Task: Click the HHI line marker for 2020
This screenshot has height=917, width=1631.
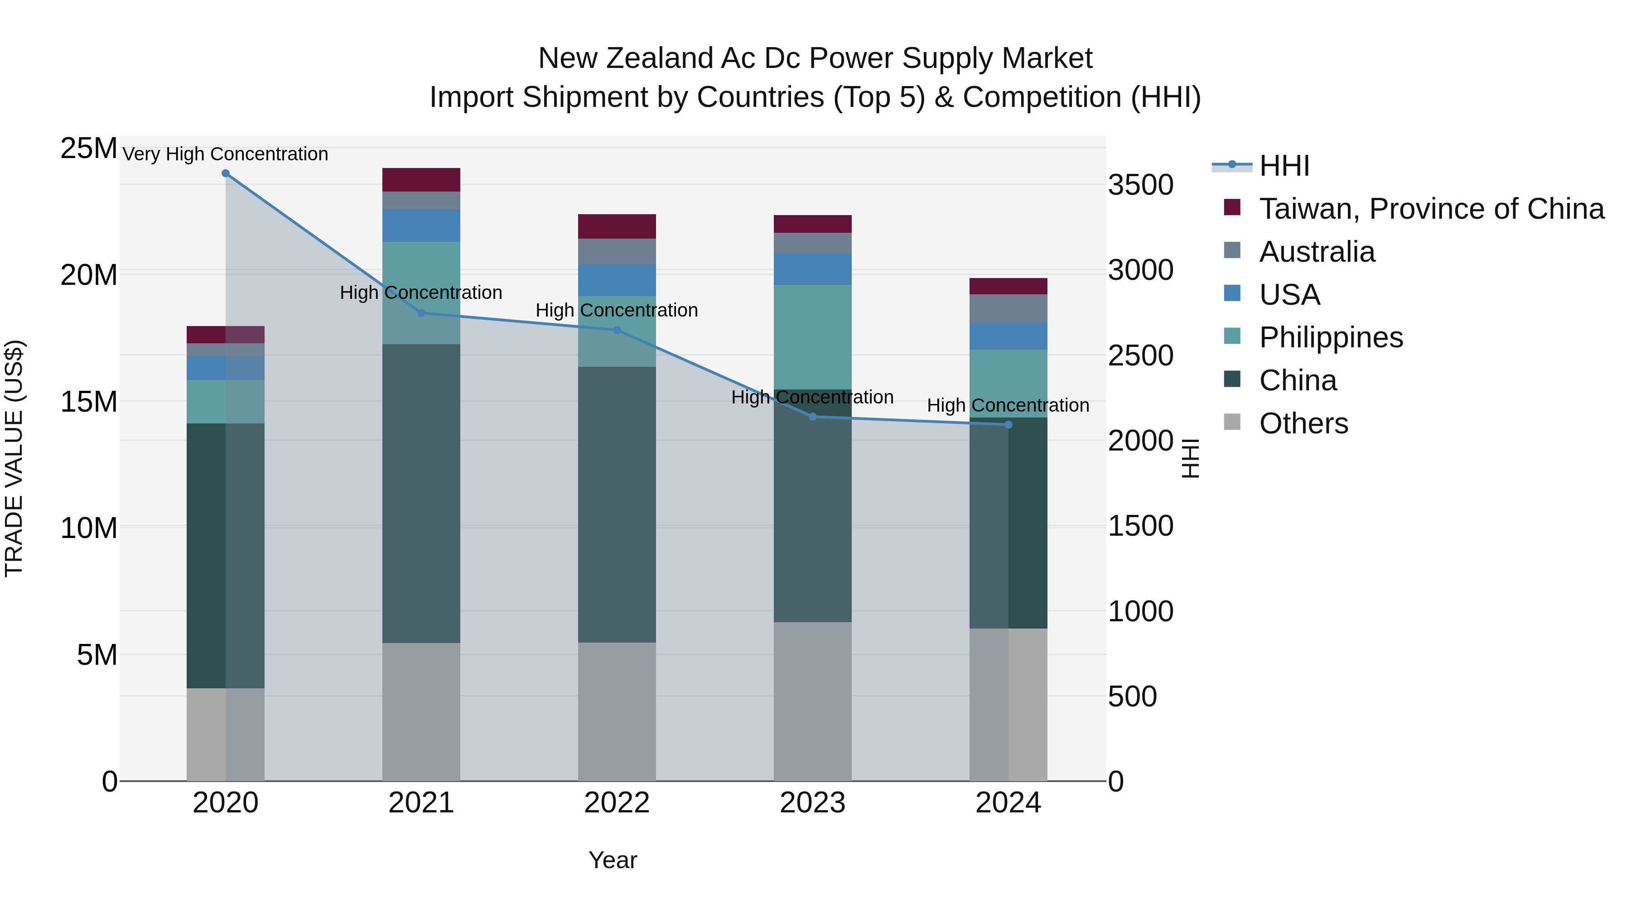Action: pos(226,173)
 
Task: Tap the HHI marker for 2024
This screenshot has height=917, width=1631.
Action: pos(1009,425)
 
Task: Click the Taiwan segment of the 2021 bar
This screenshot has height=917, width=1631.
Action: pos(421,180)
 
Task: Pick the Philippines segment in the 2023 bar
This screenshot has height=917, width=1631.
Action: pos(812,336)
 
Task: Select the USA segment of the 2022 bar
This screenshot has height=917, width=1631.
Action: pos(617,280)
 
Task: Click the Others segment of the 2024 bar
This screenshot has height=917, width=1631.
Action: pos(1009,704)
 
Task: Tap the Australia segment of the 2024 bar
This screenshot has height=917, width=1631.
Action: pos(1009,308)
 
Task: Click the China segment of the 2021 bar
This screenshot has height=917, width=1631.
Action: pos(421,494)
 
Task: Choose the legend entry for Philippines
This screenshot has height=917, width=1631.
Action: pos(1330,337)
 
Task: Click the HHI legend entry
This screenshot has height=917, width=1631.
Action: pos(1284,166)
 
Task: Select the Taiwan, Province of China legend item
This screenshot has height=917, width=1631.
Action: pos(1431,209)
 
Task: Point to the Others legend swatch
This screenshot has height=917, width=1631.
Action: pos(1232,422)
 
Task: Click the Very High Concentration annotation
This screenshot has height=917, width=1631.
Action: pos(226,154)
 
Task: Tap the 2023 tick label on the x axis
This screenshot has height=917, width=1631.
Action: pos(812,803)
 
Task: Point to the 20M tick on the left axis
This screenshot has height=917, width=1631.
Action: pos(89,275)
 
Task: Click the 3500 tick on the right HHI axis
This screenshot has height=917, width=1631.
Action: pos(1140,185)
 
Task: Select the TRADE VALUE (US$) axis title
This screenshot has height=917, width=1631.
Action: pos(14,458)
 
